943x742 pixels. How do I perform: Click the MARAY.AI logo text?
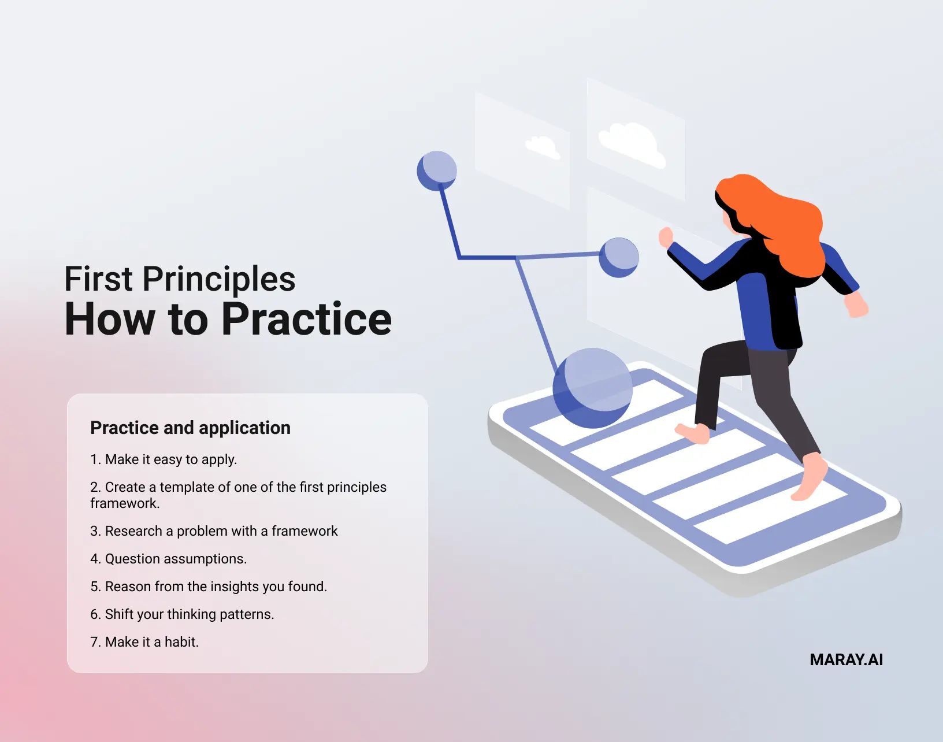pyautogui.click(x=846, y=660)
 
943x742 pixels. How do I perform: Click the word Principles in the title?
pyautogui.click(x=219, y=279)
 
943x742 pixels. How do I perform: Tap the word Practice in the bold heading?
pyautogui.click(x=306, y=319)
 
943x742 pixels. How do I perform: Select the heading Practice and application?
pyautogui.click(x=190, y=428)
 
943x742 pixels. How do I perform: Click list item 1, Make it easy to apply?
pyautogui.click(x=164, y=459)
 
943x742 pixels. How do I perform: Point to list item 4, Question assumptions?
pyautogui.click(x=168, y=559)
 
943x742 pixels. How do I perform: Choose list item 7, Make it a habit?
pyautogui.click(x=144, y=642)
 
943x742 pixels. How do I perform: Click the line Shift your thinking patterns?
pyautogui.click(x=182, y=614)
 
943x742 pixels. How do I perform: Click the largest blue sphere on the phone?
pyautogui.click(x=592, y=388)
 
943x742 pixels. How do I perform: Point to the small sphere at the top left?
pyautogui.click(x=437, y=170)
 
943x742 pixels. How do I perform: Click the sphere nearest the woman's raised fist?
pyautogui.click(x=619, y=257)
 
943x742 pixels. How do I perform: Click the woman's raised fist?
pyautogui.click(x=666, y=236)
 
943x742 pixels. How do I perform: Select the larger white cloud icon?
pyautogui.click(x=632, y=144)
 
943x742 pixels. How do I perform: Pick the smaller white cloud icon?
pyautogui.click(x=543, y=147)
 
